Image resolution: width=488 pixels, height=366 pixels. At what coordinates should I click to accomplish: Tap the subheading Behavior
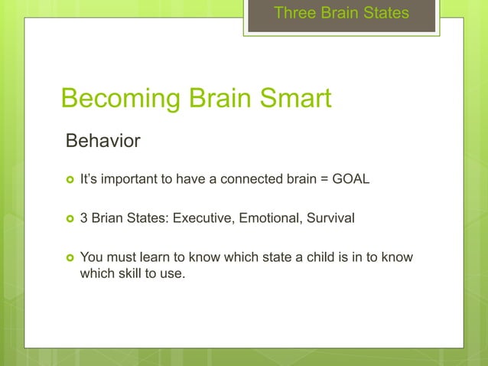coord(103,142)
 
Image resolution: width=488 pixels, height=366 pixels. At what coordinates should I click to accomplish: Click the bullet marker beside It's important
coord(70,180)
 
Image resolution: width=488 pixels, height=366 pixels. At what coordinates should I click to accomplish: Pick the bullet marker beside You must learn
coord(70,257)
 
